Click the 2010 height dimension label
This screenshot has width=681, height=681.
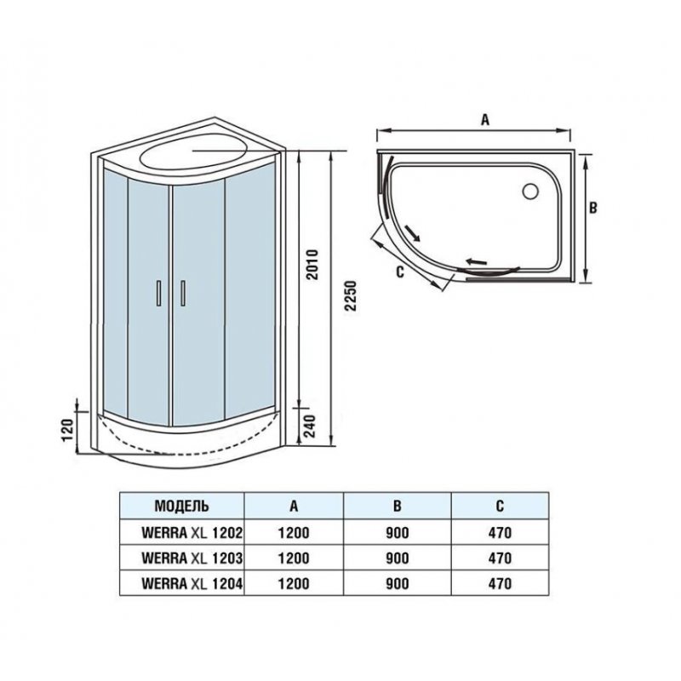pyautogui.click(x=312, y=265)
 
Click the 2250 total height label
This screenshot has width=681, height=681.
pyautogui.click(x=350, y=295)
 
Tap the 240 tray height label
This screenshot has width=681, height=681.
pyautogui.click(x=310, y=426)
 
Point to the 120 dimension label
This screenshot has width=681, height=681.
pyautogui.click(x=68, y=431)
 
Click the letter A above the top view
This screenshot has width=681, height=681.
pyautogui.click(x=485, y=119)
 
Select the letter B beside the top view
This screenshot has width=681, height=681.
pyautogui.click(x=592, y=208)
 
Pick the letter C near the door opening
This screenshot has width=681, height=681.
pyautogui.click(x=400, y=272)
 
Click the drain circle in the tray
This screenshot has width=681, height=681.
pyautogui.click(x=530, y=191)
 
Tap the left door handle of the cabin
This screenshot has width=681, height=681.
pyautogui.click(x=159, y=294)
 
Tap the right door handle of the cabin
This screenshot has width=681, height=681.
pyautogui.click(x=183, y=294)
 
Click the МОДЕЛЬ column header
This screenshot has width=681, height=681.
pyautogui.click(x=181, y=506)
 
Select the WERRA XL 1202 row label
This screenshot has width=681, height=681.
pyautogui.click(x=192, y=533)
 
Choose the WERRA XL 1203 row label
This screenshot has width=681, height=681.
pyautogui.click(x=192, y=558)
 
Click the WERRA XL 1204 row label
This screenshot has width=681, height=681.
pyautogui.click(x=192, y=583)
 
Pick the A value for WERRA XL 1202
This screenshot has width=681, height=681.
pyautogui.click(x=294, y=533)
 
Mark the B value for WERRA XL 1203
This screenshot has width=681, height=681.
pyautogui.click(x=398, y=558)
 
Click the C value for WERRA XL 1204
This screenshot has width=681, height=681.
pyautogui.click(x=500, y=583)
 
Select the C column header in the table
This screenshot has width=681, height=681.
pyautogui.click(x=500, y=506)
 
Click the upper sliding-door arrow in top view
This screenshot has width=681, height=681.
pyautogui.click(x=412, y=232)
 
